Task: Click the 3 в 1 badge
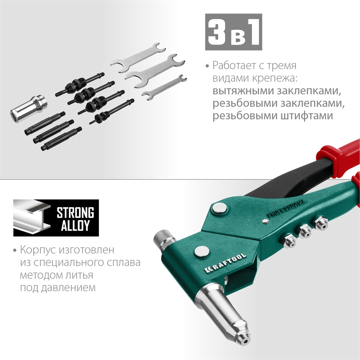point(233,32)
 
